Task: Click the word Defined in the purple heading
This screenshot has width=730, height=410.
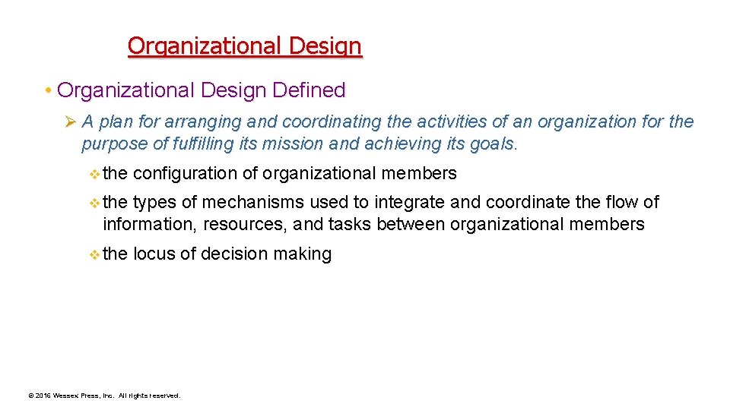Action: (x=310, y=90)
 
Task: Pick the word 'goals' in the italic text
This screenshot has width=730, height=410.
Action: (x=491, y=143)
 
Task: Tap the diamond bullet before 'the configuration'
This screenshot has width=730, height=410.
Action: (x=94, y=175)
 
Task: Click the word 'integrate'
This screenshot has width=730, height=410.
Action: (x=410, y=203)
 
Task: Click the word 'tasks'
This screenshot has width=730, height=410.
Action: (x=349, y=225)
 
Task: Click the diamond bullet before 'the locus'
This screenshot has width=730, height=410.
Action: (x=94, y=255)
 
